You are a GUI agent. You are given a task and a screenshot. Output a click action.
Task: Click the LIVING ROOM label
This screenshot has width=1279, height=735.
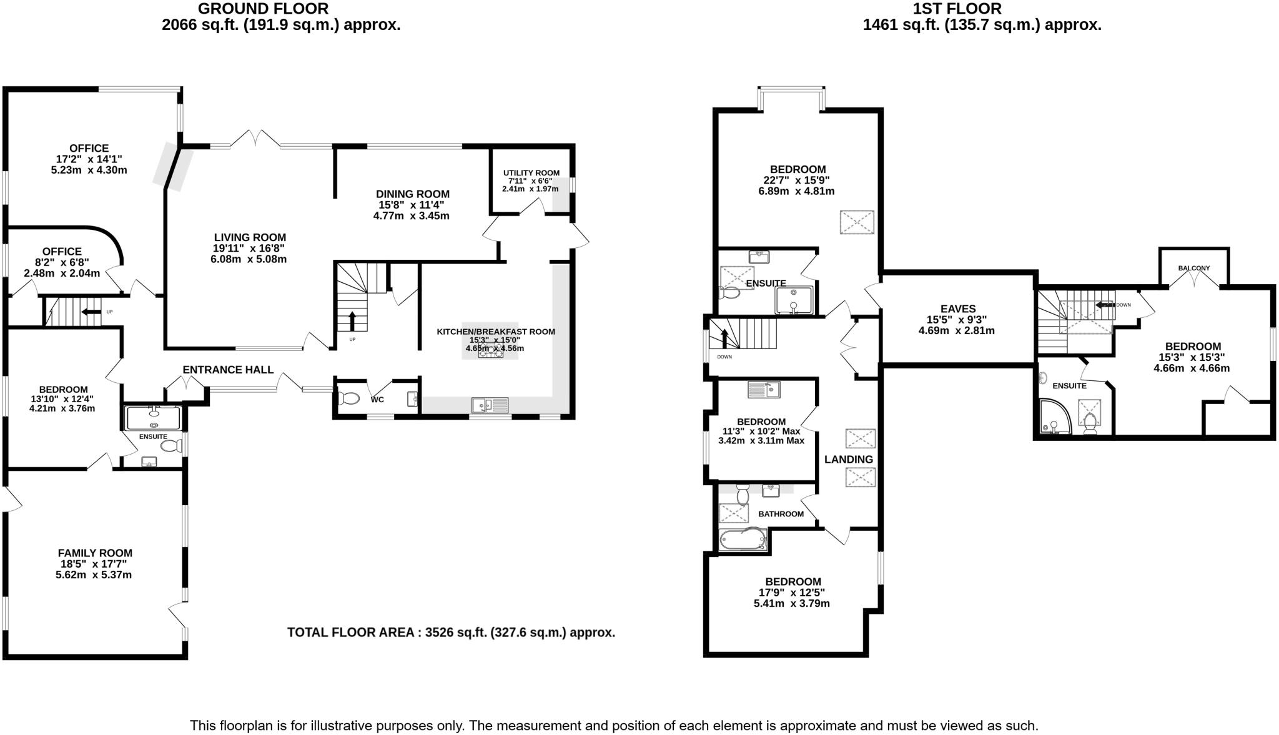[250, 237]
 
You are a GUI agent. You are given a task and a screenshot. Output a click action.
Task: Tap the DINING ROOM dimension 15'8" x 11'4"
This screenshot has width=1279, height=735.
[412, 205]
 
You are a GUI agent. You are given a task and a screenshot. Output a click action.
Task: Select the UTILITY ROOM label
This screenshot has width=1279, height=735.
[531, 173]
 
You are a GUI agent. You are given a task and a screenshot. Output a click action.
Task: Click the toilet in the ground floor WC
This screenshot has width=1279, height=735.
[348, 398]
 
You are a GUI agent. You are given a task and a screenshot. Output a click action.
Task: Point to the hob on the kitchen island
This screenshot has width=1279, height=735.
[491, 353]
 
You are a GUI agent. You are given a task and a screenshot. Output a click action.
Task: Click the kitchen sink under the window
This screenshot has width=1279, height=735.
[490, 405]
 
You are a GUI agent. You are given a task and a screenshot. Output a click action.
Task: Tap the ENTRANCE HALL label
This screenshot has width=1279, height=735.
[228, 370]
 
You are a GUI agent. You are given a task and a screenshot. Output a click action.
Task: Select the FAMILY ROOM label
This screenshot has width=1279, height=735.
[95, 553]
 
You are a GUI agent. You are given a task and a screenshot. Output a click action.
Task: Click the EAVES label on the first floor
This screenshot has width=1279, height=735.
[958, 308]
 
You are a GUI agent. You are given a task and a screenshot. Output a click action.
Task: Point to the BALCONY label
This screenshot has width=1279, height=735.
[1193, 268]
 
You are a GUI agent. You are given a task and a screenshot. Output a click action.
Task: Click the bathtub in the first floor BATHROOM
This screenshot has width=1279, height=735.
[743, 539]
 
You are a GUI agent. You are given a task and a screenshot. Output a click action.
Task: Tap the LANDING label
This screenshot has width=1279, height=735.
[848, 460]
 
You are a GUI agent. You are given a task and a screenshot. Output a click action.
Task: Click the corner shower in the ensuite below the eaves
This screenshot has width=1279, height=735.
[1055, 417]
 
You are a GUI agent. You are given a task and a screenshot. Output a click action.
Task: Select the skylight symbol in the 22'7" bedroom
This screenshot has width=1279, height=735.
[856, 222]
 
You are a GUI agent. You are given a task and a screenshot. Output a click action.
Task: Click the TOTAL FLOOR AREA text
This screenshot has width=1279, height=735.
[451, 633]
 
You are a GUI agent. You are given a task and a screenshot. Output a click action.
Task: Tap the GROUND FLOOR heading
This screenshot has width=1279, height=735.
[263, 9]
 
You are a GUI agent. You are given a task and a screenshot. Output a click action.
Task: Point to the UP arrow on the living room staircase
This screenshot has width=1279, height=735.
[352, 321]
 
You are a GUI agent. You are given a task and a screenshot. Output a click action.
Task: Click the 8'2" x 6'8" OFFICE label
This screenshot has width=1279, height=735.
[62, 252]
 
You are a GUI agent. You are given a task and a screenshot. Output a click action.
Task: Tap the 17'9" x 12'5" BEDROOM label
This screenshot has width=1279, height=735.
[793, 581]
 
